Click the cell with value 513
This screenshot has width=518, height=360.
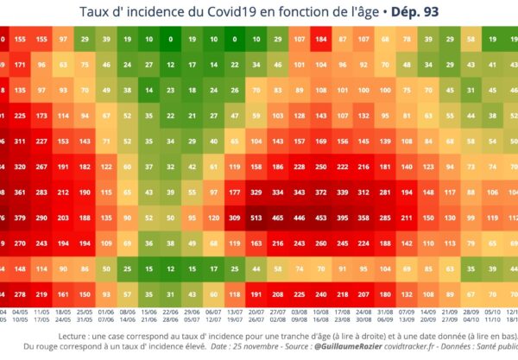click(x=256, y=218)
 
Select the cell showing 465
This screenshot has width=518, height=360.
click(x=278, y=218)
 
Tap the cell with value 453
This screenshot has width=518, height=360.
click(x=320, y=218)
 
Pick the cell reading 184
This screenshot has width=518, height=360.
click(x=320, y=40)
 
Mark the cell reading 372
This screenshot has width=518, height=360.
click(x=320, y=192)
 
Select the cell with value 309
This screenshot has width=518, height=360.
click(x=235, y=218)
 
